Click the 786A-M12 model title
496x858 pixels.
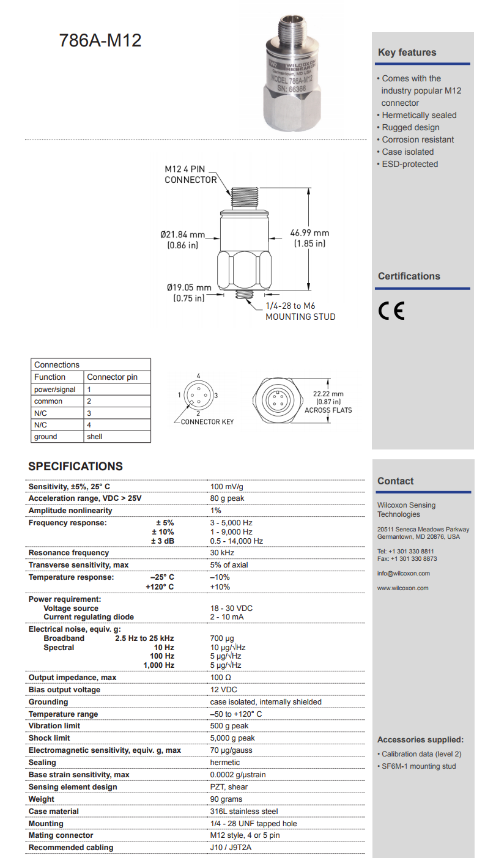pyautogui.click(x=100, y=40)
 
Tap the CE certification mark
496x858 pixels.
pyautogui.click(x=391, y=311)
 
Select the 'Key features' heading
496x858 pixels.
pyautogui.click(x=407, y=53)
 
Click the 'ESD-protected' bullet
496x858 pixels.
pyautogui.click(x=410, y=164)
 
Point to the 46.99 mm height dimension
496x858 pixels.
pyautogui.click(x=310, y=233)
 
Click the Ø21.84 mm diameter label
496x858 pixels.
pyautogui.click(x=183, y=234)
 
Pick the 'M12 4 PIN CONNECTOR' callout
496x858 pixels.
pyautogui.click(x=191, y=174)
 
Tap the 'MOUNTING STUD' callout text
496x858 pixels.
pyautogui.click(x=300, y=317)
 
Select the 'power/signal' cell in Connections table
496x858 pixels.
pyautogui.click(x=55, y=390)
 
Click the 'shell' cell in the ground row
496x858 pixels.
pyautogui.click(x=95, y=437)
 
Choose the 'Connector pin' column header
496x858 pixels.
pyautogui.click(x=113, y=377)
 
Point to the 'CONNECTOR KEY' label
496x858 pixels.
pyautogui.click(x=207, y=421)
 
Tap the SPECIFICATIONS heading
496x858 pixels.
pyautogui.click(x=75, y=466)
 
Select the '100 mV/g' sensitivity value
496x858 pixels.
pyautogui.click(x=227, y=487)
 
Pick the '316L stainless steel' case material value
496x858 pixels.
pyautogui.click(x=243, y=812)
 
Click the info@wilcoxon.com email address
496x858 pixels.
pyautogui.click(x=404, y=574)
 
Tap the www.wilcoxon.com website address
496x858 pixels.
pyautogui.click(x=403, y=588)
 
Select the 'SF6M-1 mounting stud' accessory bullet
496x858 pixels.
pyautogui.click(x=418, y=766)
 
